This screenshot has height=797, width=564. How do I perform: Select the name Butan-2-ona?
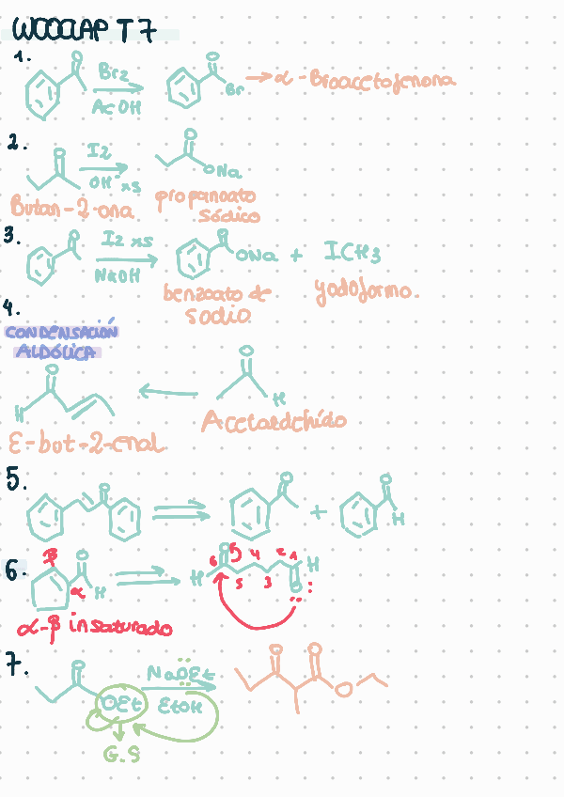(71, 208)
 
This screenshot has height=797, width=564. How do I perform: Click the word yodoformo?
(363, 291)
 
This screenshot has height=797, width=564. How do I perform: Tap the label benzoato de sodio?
(216, 304)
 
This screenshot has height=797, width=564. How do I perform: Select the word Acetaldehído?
(273, 422)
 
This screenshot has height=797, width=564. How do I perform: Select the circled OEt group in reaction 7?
(114, 706)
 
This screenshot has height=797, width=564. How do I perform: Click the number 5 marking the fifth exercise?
(15, 479)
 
